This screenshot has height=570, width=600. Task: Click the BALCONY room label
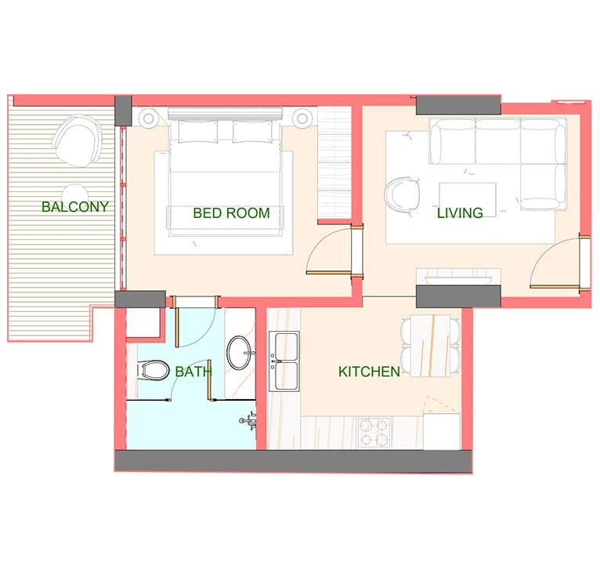click(x=75, y=207)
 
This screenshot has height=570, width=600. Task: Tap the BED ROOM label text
click(x=231, y=213)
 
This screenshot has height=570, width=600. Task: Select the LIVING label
click(x=460, y=213)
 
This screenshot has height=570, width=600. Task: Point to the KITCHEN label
click(x=369, y=372)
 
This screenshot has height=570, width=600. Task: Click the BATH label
click(x=193, y=372)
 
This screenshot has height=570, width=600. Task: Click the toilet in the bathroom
click(x=154, y=370)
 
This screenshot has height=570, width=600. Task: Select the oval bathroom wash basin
click(x=239, y=353)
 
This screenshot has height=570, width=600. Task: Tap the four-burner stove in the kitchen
click(x=373, y=433)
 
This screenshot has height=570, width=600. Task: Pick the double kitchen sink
click(x=284, y=361)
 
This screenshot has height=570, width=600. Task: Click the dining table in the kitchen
click(x=431, y=346)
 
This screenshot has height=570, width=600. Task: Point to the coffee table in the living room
click(x=468, y=200)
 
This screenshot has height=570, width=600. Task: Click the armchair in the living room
click(x=402, y=194)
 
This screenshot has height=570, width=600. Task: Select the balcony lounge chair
click(x=78, y=140)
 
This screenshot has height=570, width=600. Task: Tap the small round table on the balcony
click(x=75, y=194)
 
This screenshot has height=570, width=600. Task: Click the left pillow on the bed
click(x=198, y=132)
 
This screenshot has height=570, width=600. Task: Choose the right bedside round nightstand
click(x=302, y=118)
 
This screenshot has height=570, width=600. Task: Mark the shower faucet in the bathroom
click(x=248, y=420)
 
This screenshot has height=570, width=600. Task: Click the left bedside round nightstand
click(x=149, y=118)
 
